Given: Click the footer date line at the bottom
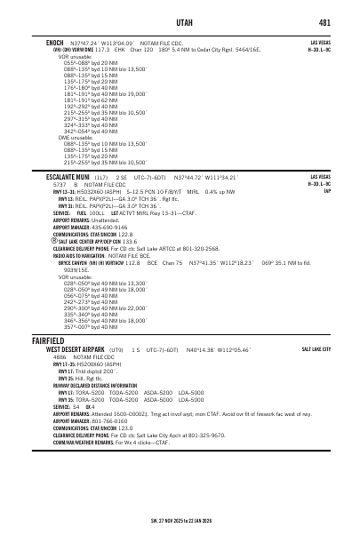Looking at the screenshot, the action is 180,520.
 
